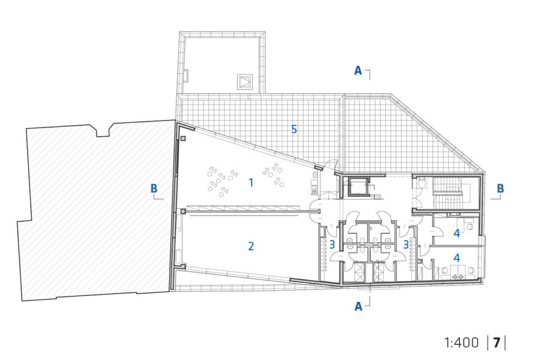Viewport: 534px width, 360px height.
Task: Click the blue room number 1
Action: tap(251, 183)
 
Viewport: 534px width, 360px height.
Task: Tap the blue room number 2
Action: tap(251, 246)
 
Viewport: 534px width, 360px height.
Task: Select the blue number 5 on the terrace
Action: tap(294, 130)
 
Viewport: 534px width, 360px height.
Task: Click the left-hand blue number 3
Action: tap(332, 245)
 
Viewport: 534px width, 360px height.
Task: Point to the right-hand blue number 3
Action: tap(406, 245)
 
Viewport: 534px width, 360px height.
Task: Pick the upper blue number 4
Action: tap(457, 233)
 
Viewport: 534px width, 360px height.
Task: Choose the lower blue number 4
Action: tap(457, 258)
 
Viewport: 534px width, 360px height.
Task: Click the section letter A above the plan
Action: tap(358, 70)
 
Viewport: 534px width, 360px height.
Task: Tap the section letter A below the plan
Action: tap(358, 306)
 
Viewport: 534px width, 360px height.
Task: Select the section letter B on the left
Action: tap(154, 188)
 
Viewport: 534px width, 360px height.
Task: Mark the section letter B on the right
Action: tap(500, 188)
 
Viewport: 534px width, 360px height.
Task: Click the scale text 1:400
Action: tap(461, 343)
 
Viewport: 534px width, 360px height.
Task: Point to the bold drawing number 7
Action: tap(497, 343)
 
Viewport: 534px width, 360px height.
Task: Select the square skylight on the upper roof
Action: tap(245, 82)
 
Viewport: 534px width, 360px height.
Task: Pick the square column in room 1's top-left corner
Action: tap(183, 139)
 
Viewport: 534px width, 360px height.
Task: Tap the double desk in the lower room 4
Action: tap(457, 272)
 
